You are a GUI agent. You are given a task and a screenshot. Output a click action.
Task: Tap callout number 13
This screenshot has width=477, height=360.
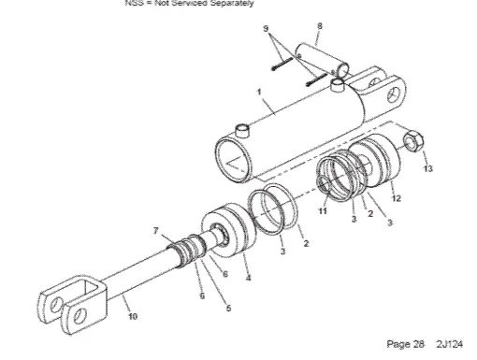[428, 169]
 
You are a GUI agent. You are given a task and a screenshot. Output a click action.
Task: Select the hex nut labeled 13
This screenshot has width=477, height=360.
[412, 144]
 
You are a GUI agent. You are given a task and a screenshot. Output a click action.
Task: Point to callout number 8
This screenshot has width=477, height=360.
[320, 26]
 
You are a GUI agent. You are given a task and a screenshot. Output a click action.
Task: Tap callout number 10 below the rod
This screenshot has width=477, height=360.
[131, 316]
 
